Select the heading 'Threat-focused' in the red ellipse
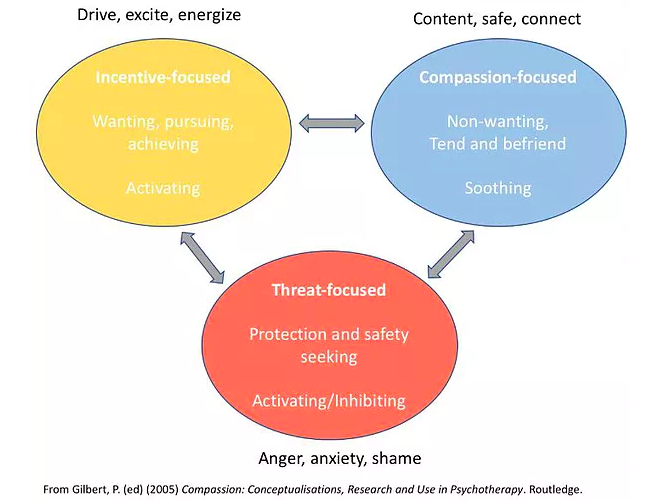(328, 291)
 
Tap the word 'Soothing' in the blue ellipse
(497, 187)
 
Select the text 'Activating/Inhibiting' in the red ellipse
(328, 400)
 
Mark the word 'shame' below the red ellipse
(395, 458)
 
